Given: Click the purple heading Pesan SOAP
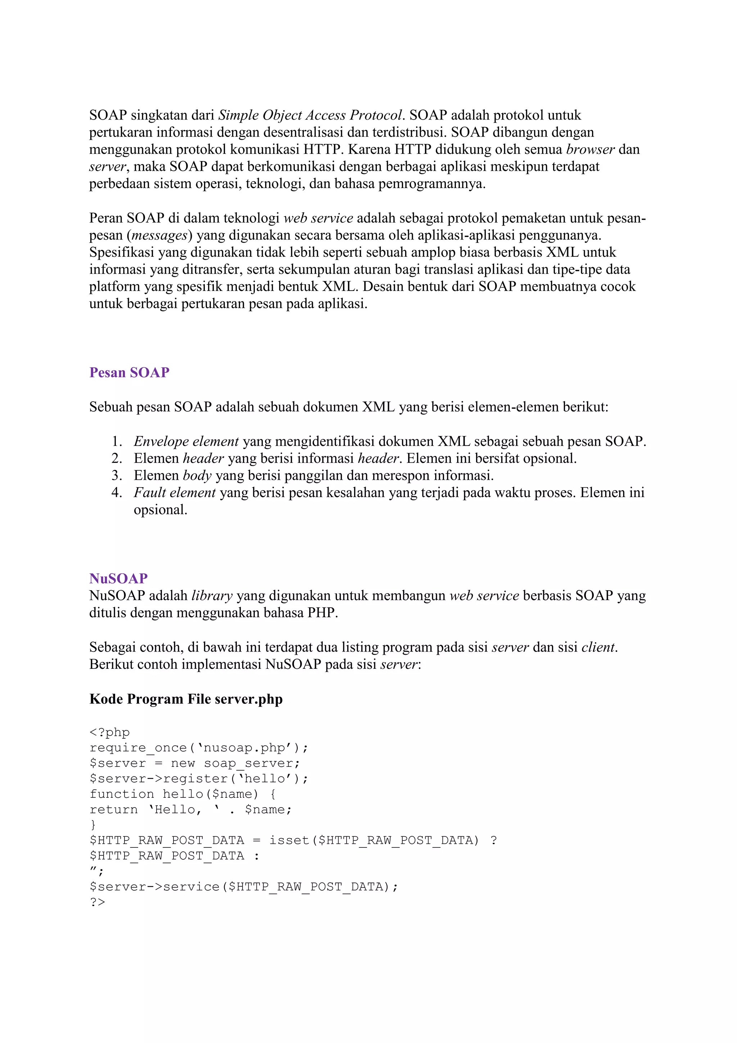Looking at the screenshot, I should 129,372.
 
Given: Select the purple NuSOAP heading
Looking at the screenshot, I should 118,578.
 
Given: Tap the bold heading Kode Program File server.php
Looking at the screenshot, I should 186,699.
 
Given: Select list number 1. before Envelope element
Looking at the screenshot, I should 117,442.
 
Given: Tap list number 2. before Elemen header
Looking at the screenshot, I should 117,459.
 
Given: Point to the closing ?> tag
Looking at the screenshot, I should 97,902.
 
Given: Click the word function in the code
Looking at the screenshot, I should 122,794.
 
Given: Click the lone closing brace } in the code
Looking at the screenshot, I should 93,825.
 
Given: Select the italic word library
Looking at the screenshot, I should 212,596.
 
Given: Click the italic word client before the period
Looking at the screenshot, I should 598,647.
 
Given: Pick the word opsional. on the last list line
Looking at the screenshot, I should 160,510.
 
